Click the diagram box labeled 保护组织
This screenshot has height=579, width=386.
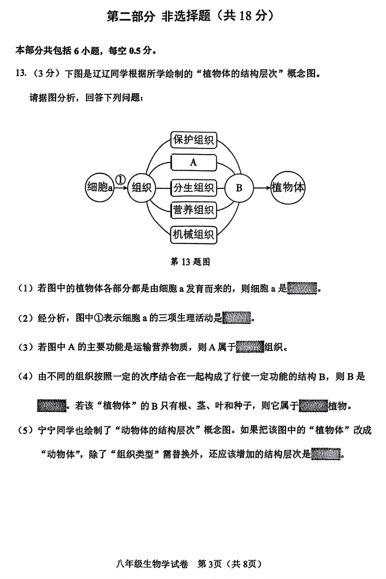tap(194, 140)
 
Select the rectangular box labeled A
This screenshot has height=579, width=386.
tap(194, 163)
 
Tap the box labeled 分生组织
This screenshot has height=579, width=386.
tap(194, 188)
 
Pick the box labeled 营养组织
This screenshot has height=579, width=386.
tap(194, 210)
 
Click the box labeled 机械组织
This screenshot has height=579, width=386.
tap(194, 235)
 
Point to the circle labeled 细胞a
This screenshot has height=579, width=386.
tap(100, 187)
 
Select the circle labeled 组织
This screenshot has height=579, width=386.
tap(142, 188)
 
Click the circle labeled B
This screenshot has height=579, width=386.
tap(239, 188)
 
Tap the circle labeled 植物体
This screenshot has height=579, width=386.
tap(288, 187)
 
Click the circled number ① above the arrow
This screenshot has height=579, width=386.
tap(121, 179)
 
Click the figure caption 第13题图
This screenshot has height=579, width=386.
tap(190, 262)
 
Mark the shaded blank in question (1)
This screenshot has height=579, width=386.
tap(302, 288)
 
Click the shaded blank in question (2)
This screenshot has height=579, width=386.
tap(237, 317)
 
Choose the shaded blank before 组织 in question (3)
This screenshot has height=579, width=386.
tap(250, 346)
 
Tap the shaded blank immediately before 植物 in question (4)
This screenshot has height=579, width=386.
tap(313, 406)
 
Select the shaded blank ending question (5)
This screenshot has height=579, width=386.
tap(326, 454)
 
